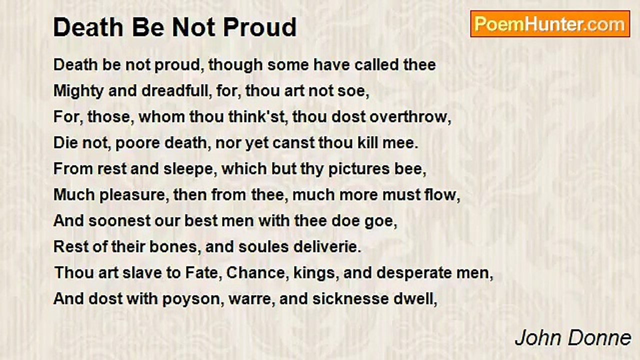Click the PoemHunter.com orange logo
550,24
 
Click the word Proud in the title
259,27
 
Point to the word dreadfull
176,91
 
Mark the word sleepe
188,169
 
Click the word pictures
359,169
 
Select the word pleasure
132,195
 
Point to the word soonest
119,221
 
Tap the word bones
173,247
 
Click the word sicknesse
350,299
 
